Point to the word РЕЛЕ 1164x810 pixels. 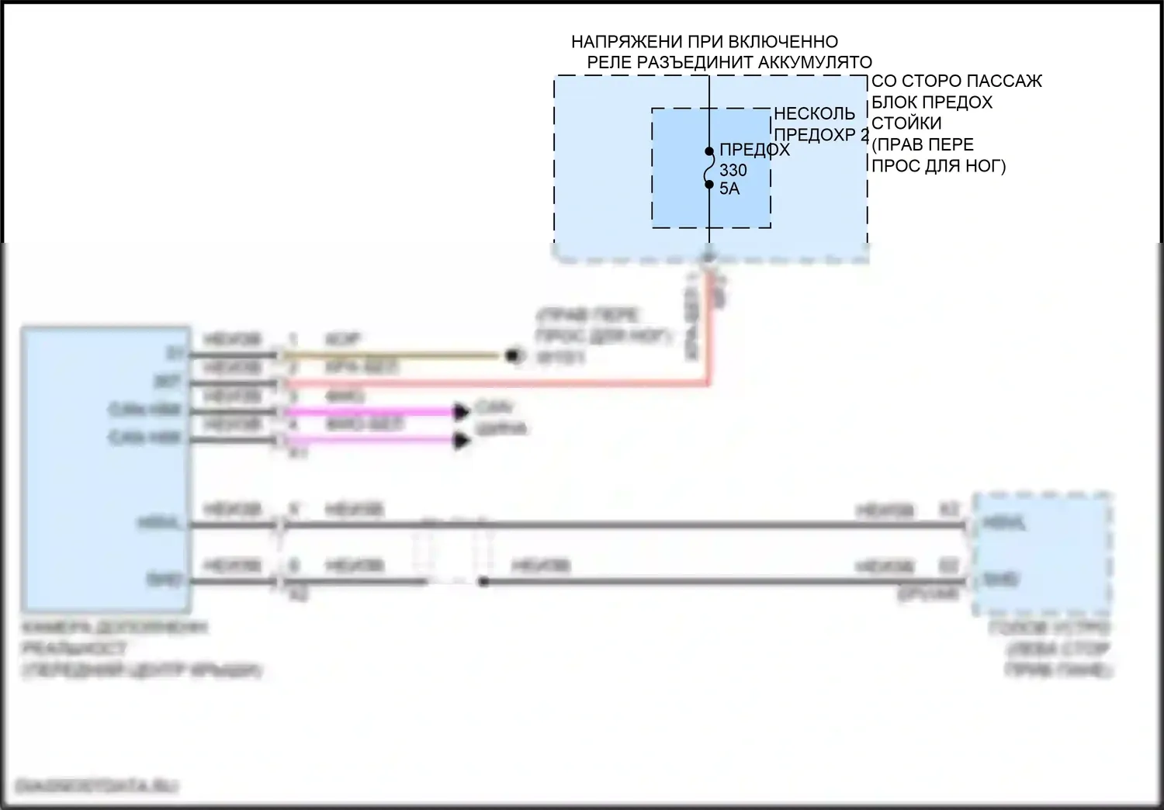[609, 63]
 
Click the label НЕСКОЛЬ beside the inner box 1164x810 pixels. [814, 114]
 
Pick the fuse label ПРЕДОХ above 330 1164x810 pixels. [754, 151]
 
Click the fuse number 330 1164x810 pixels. [733, 171]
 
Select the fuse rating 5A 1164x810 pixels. [729, 189]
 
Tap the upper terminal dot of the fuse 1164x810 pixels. [709, 151]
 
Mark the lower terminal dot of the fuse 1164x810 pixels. [709, 185]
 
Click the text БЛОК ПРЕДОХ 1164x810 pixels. [931, 102]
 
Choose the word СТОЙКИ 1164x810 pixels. [906, 123]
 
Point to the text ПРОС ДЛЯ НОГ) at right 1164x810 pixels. [938, 165]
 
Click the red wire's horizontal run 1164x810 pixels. [497, 383]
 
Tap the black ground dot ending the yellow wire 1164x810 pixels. [512, 356]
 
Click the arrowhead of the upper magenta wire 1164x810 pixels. [462, 411]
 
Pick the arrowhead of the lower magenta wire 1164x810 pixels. [462, 441]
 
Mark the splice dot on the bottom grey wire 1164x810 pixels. [483, 581]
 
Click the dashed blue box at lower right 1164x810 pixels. [1042, 552]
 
